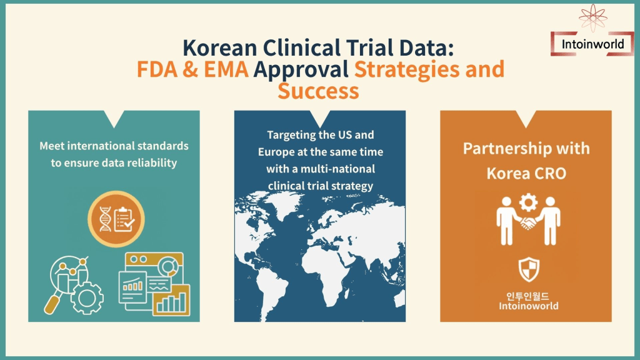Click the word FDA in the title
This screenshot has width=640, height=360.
157,69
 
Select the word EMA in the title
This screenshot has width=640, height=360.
226,69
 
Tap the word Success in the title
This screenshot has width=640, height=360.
318,91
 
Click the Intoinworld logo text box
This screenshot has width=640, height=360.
592,44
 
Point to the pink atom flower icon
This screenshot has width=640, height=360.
593,17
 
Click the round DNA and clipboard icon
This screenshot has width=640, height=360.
116,219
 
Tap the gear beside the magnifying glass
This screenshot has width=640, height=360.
86,297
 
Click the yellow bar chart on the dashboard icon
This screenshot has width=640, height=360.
171,301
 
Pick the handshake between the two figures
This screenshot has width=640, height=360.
528,223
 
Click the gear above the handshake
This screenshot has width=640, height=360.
528,202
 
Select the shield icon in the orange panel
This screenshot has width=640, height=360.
529,269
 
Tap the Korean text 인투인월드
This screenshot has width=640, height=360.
527,296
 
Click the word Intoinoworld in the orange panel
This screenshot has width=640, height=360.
529,306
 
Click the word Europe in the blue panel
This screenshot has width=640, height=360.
274,152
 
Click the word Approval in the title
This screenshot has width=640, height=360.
301,70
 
